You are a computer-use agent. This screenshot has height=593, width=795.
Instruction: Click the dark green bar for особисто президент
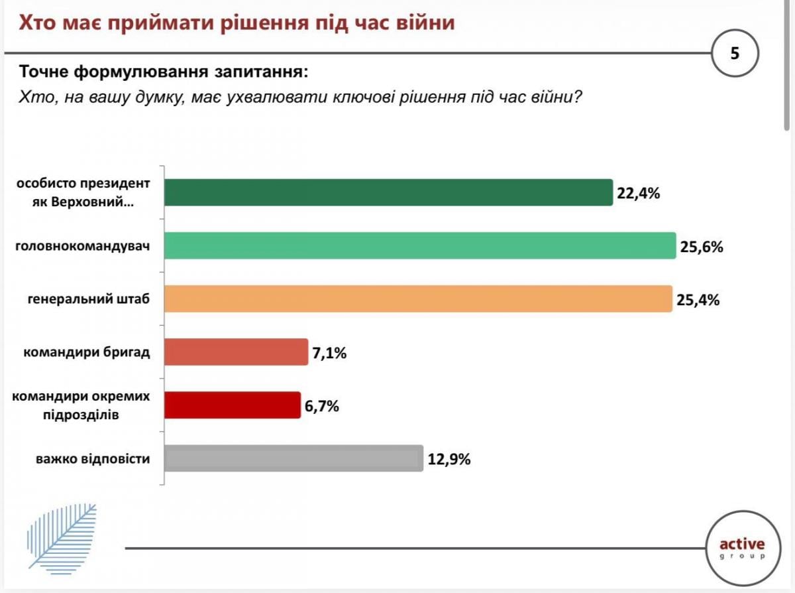388,192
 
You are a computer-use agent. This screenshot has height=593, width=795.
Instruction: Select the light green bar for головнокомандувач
419,245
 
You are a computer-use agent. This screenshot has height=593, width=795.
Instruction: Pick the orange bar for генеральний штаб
417,298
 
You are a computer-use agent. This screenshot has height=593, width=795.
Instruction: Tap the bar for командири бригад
236,352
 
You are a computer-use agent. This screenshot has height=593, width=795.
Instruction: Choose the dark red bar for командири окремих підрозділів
232,405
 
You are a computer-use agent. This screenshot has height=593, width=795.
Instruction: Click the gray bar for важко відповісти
293,458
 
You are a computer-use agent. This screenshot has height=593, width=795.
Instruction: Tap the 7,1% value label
329,353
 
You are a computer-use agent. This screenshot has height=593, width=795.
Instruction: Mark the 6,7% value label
322,406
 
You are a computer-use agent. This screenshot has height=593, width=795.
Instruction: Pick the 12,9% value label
449,459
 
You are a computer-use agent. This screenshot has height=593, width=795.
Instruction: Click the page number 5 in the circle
734,54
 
